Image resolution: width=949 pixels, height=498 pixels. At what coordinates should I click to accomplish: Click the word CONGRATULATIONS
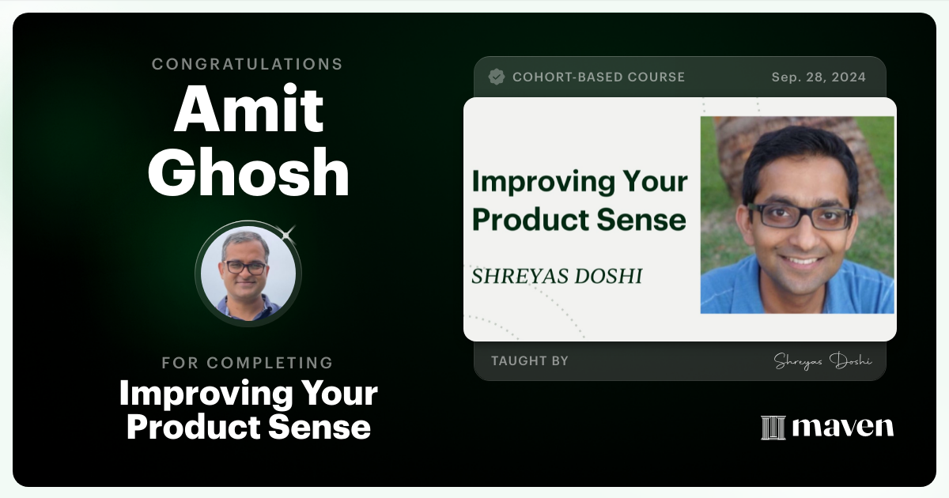(248, 64)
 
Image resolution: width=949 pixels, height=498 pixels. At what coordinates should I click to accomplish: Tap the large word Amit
(248, 110)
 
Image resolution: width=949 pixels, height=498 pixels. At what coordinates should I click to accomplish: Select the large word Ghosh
(248, 173)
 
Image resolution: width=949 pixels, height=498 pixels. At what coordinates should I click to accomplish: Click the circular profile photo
(248, 274)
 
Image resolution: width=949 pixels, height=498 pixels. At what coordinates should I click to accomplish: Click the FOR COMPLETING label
(248, 363)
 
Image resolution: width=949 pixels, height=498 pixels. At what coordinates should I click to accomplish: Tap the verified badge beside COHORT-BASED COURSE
(497, 77)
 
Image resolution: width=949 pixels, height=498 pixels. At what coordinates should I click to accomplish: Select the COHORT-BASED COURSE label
(599, 77)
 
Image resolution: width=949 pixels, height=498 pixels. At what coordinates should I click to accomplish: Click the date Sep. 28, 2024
(819, 77)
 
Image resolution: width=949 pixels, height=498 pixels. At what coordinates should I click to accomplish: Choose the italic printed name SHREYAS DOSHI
(557, 276)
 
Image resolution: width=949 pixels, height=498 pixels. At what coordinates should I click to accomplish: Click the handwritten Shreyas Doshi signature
(822, 360)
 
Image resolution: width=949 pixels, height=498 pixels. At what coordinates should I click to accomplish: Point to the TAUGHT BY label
(530, 361)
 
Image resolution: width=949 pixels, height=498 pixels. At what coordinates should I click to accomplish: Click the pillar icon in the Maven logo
(773, 428)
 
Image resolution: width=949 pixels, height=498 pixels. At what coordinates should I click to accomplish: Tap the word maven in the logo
(842, 428)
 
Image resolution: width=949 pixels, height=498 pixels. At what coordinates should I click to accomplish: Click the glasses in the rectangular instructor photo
(800, 216)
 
